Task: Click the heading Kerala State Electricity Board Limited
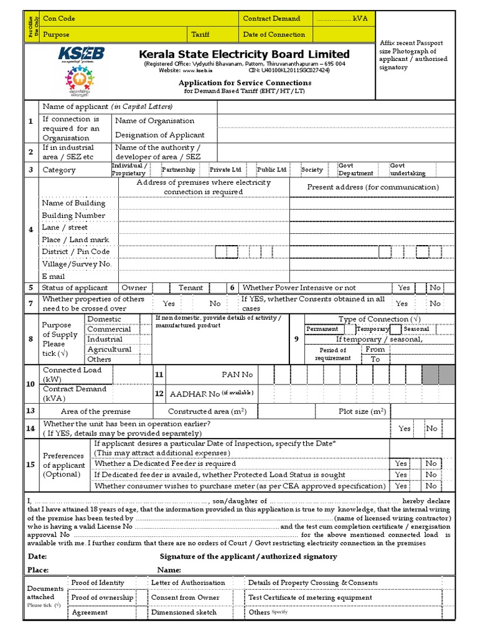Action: click(x=245, y=54)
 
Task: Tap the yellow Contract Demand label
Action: click(x=271, y=19)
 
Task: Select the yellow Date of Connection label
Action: click(x=274, y=35)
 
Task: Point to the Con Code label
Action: click(x=58, y=19)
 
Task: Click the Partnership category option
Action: click(x=178, y=170)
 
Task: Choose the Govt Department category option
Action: click(x=355, y=170)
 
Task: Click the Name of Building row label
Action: click(x=73, y=203)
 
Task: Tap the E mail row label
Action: click(x=54, y=276)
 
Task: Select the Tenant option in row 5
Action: click(x=191, y=288)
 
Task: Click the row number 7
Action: click(x=30, y=303)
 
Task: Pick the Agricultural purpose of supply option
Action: click(x=110, y=350)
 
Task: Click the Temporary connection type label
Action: click(x=372, y=329)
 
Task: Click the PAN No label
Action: click(x=238, y=374)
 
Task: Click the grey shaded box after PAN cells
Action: click(x=438, y=374)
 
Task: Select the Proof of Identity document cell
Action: click(x=98, y=583)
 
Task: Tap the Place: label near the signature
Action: click(x=38, y=570)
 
